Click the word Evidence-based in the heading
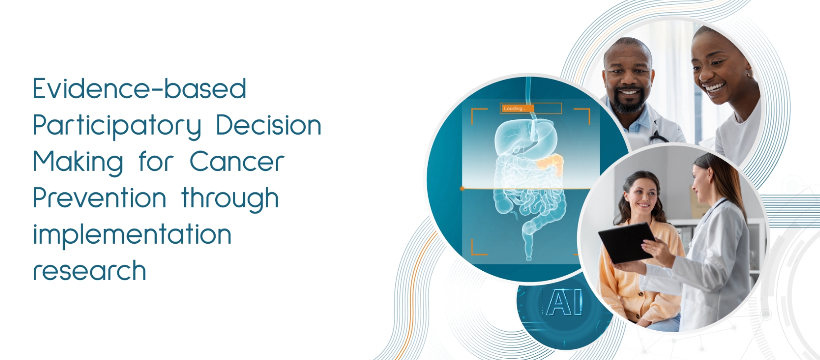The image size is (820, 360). coord(140,88)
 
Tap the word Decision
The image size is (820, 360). coord(268,125)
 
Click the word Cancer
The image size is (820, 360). coord(237,161)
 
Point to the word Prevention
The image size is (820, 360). coord(100,198)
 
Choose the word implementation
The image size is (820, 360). coord(132,234)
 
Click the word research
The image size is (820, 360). coord(90,271)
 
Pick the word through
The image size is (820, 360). coord(230,199)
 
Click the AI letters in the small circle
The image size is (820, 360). coord(565,302)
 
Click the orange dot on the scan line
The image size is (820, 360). coord(462,188)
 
